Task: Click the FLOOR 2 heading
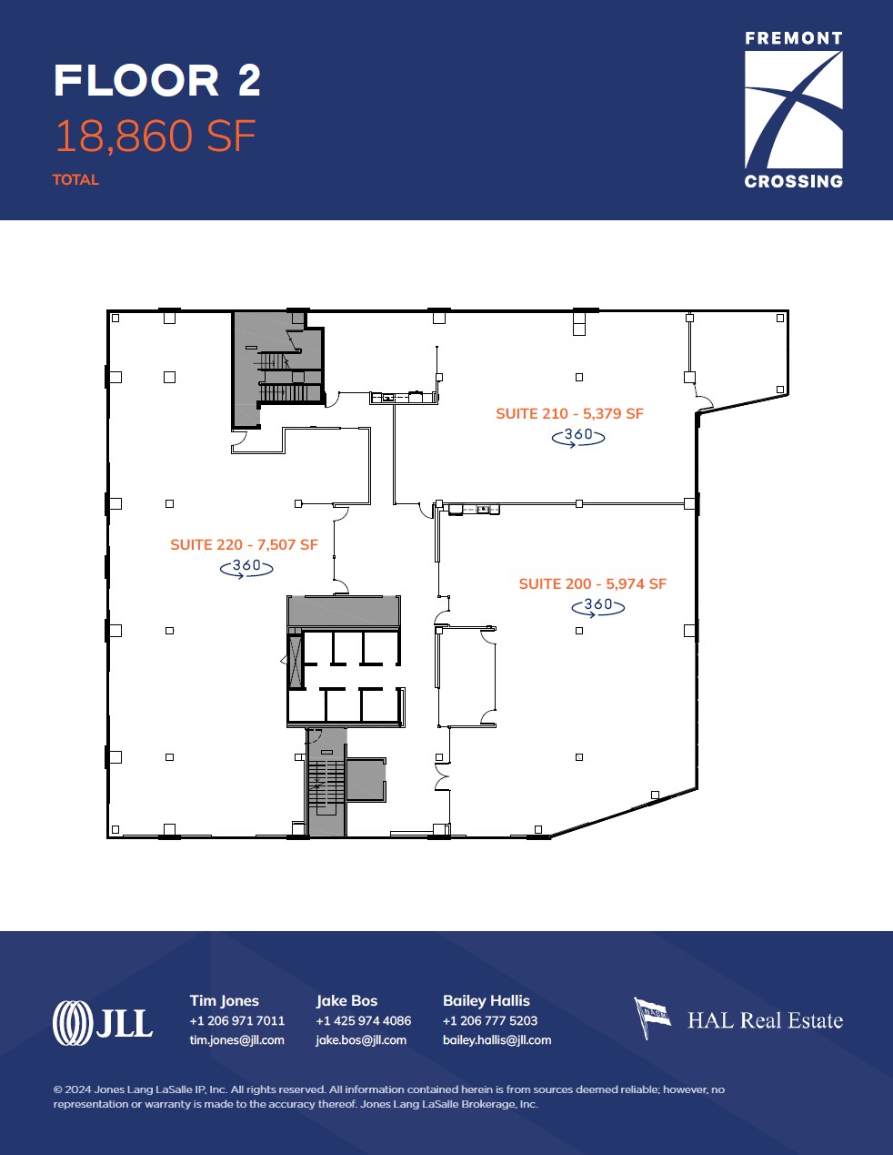[x=157, y=81]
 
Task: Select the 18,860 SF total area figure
[x=156, y=137]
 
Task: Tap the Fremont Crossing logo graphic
[x=793, y=109]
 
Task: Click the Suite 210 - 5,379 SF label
[x=569, y=413]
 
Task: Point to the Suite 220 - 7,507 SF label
[x=244, y=544]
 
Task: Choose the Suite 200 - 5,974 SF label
[x=592, y=583]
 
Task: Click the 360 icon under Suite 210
[x=578, y=436]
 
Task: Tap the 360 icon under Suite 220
[x=246, y=567]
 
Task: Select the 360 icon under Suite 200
[x=598, y=605]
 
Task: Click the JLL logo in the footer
[x=103, y=1022]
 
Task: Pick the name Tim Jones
[x=224, y=1000]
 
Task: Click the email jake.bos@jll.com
[x=361, y=1040]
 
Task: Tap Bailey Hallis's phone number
[x=490, y=1020]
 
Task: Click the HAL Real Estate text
[x=765, y=1020]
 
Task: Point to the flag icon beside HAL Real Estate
[x=652, y=1017]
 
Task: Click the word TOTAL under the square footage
[x=75, y=180]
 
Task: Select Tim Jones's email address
[x=236, y=1040]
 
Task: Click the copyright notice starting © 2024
[x=388, y=1097]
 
